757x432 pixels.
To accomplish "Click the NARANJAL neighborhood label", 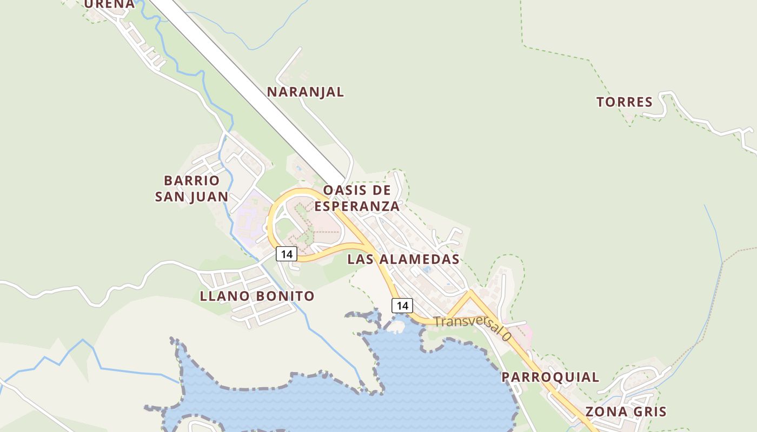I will [306, 92].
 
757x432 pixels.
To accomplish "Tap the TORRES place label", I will [625, 102].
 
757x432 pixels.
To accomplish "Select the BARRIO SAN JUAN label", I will [192, 188].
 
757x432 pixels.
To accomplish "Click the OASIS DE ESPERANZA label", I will [357, 198].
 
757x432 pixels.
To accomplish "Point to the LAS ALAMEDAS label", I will [403, 259].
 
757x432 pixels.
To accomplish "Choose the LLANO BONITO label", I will [257, 296].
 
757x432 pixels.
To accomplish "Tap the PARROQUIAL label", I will [550, 377].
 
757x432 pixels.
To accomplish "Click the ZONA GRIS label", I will [626, 411].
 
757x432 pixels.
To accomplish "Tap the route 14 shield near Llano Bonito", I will [287, 254].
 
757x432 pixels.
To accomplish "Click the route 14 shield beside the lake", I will [402, 306].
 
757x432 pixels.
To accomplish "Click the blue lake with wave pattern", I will [433, 383].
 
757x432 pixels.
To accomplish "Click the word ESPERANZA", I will [357, 206].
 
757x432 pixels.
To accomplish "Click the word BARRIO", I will [192, 180].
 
